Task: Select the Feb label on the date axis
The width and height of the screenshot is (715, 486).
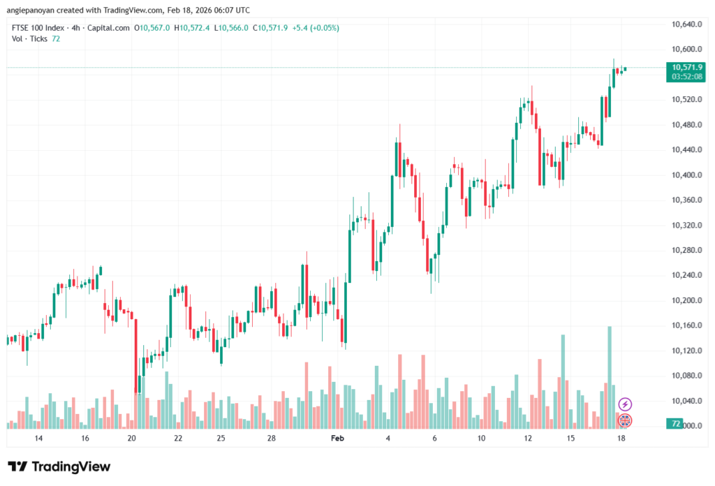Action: (x=337, y=439)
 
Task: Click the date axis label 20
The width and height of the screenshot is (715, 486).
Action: (x=132, y=439)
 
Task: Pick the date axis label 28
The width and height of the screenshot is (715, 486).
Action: (x=272, y=439)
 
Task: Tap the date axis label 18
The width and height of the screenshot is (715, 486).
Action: (x=622, y=439)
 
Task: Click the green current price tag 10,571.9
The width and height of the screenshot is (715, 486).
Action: (x=687, y=67)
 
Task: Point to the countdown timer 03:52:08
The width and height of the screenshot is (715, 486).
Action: (x=687, y=76)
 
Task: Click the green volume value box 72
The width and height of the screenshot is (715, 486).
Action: (x=675, y=424)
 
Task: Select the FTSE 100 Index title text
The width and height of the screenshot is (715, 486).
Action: (x=40, y=28)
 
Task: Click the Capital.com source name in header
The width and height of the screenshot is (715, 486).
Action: (x=111, y=28)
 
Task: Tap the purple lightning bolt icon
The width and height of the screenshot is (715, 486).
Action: (x=626, y=404)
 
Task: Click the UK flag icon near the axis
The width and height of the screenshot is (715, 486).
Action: (x=626, y=420)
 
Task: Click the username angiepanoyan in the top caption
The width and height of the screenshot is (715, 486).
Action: (x=35, y=10)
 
